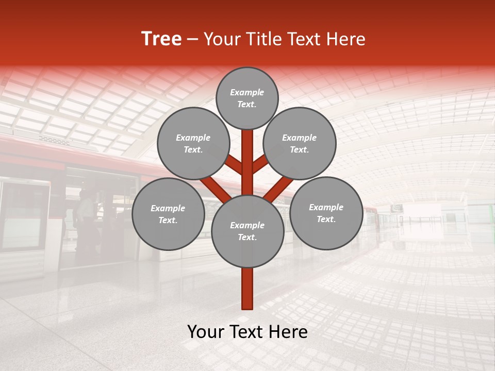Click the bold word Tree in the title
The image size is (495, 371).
[x=161, y=39]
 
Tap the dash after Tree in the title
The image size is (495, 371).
[x=192, y=40]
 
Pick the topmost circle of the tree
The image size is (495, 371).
[x=247, y=98]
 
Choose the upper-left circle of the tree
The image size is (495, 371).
[x=193, y=143]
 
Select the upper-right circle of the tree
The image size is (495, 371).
[x=300, y=143]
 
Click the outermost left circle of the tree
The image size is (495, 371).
[x=168, y=214]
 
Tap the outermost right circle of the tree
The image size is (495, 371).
[x=326, y=213]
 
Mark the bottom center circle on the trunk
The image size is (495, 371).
[x=247, y=231]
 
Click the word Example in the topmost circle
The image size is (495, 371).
[x=247, y=92]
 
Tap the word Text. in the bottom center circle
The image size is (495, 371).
[x=247, y=237]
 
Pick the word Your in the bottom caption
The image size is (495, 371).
[x=206, y=332]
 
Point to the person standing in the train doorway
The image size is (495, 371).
[x=86, y=216]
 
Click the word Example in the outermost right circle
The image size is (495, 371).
[x=326, y=207]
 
